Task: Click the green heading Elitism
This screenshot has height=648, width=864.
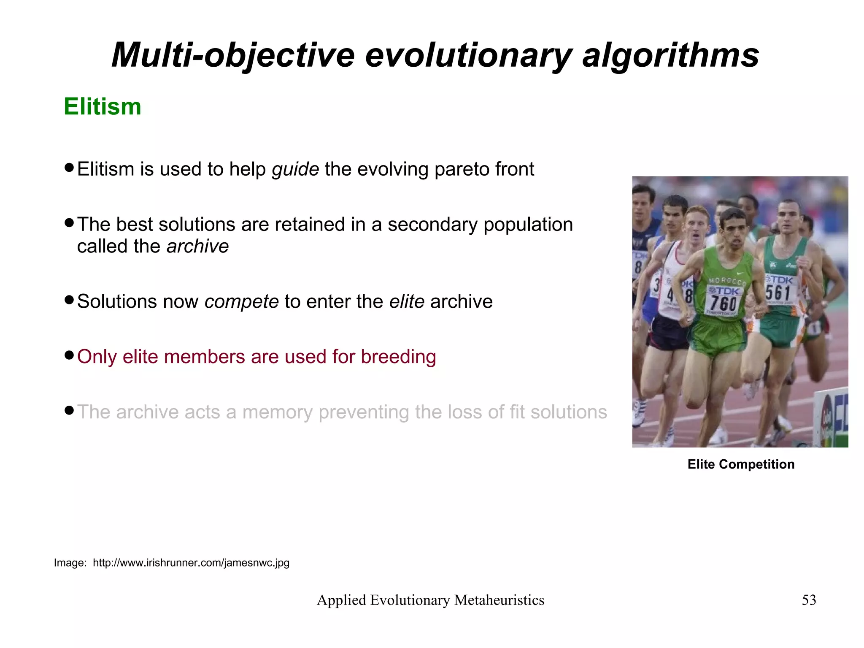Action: pyautogui.click(x=103, y=106)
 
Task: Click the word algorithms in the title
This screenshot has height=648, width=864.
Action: pyautogui.click(x=670, y=55)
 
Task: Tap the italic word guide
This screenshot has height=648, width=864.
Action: pyautogui.click(x=295, y=169)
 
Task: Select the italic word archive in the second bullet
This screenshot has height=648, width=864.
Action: pyautogui.click(x=197, y=247)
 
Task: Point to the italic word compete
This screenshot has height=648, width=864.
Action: pyautogui.click(x=241, y=302)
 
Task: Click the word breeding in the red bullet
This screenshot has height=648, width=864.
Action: pyautogui.click(x=398, y=357)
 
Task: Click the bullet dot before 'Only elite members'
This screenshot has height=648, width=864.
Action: pyautogui.click(x=70, y=355)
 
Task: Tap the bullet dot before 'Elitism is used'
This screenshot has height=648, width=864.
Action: pyautogui.click(x=70, y=167)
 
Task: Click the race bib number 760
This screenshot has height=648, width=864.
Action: pyautogui.click(x=723, y=303)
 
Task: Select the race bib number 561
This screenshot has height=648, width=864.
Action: pyautogui.click(x=778, y=293)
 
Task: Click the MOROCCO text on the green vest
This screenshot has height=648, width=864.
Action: pyautogui.click(x=727, y=281)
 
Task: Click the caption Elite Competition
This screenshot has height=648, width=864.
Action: pyautogui.click(x=741, y=464)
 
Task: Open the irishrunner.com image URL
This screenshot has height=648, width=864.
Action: pyautogui.click(x=191, y=563)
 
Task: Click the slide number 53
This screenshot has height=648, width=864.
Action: pyautogui.click(x=809, y=600)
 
